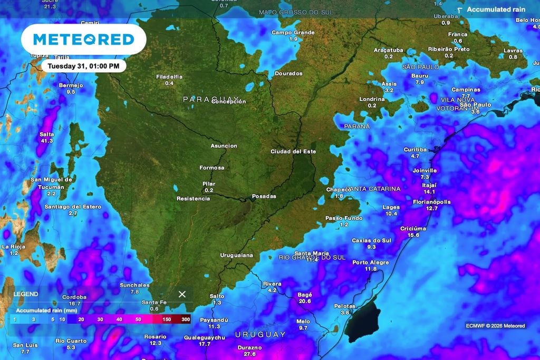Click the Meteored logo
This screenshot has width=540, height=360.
click(83, 39)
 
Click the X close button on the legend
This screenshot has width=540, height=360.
click(182, 294)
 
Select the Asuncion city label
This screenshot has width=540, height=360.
click(224, 146)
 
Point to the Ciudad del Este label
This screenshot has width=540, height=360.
click(293, 152)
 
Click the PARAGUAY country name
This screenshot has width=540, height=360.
click(211, 100)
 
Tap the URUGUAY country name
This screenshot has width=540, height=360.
click(260, 335)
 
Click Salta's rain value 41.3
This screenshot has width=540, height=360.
click(46, 141)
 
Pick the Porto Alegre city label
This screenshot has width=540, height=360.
click(371, 262)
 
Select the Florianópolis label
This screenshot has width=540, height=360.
click(431, 202)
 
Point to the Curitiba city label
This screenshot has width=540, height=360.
click(414, 150)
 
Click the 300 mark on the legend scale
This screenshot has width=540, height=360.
click(186, 319)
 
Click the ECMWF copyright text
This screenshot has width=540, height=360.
click(495, 326)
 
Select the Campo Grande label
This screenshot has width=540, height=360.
click(293, 33)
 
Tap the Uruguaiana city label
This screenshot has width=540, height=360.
click(237, 255)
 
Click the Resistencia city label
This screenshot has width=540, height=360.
click(193, 199)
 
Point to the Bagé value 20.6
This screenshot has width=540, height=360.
click(304, 301)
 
